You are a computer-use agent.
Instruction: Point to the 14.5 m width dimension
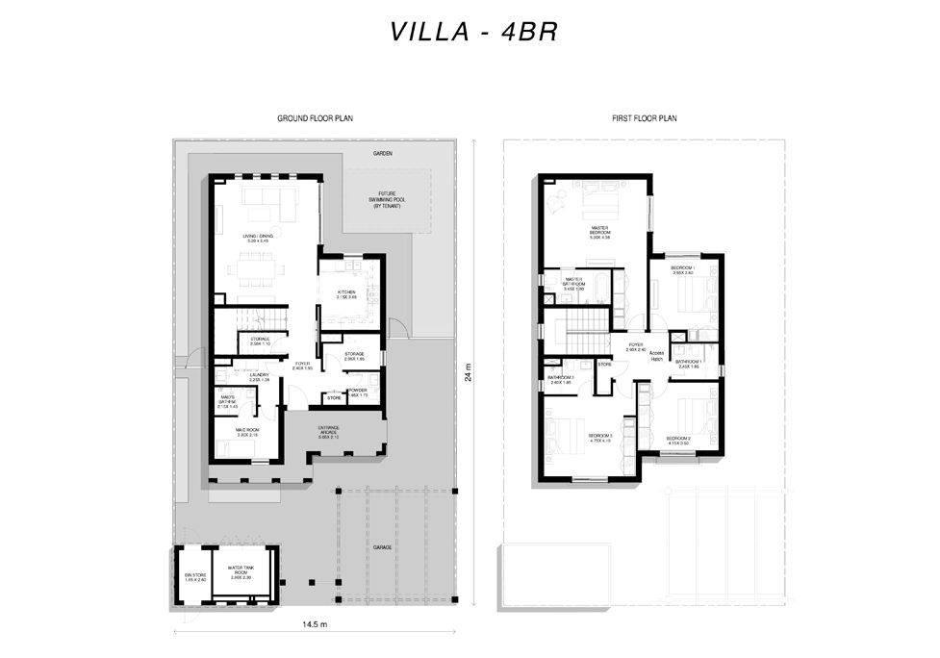coord(315,624)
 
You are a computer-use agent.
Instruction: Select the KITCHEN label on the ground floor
coord(346,293)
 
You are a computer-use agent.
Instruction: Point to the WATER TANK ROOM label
coord(241,574)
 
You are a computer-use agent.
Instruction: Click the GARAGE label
coord(383,546)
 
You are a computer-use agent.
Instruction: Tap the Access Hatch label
coord(656,355)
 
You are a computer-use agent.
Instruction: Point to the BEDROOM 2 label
coord(678,440)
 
